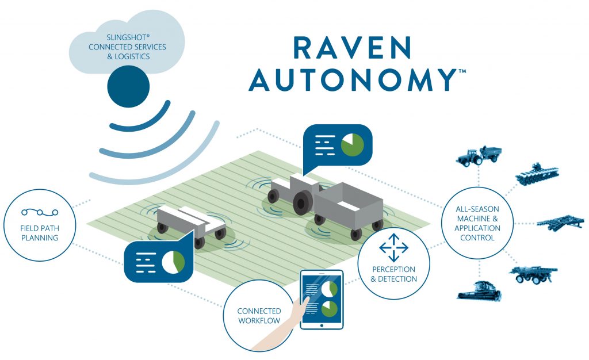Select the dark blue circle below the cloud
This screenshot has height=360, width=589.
(128, 87)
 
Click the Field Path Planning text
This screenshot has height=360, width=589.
(40, 233)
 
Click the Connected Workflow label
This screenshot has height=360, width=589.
(259, 316)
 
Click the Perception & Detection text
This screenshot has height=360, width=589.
(393, 274)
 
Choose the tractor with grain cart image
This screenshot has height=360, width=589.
(479, 156)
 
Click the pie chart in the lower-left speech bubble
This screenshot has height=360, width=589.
(173, 261)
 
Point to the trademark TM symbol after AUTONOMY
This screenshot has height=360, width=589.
(462, 71)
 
